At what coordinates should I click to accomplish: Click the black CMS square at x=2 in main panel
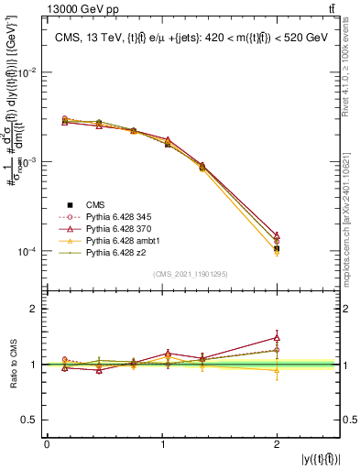click(x=277, y=248)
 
